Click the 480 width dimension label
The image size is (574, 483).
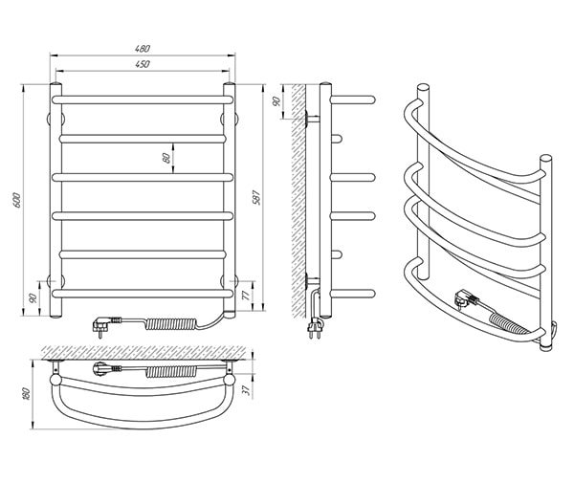pyautogui.click(x=143, y=48)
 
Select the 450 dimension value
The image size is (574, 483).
pyautogui.click(x=143, y=64)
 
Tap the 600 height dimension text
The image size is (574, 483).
pyautogui.click(x=17, y=200)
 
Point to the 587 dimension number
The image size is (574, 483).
pyautogui.click(x=257, y=197)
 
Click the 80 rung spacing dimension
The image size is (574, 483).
pyautogui.click(x=166, y=158)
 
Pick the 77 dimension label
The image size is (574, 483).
pyautogui.click(x=247, y=295)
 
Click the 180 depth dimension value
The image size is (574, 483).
pyautogui.click(x=26, y=394)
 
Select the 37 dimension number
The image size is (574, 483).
pyautogui.click(x=247, y=390)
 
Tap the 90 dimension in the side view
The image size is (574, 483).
pyautogui.click(x=276, y=101)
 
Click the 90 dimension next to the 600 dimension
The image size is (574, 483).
pyautogui.click(x=33, y=298)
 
